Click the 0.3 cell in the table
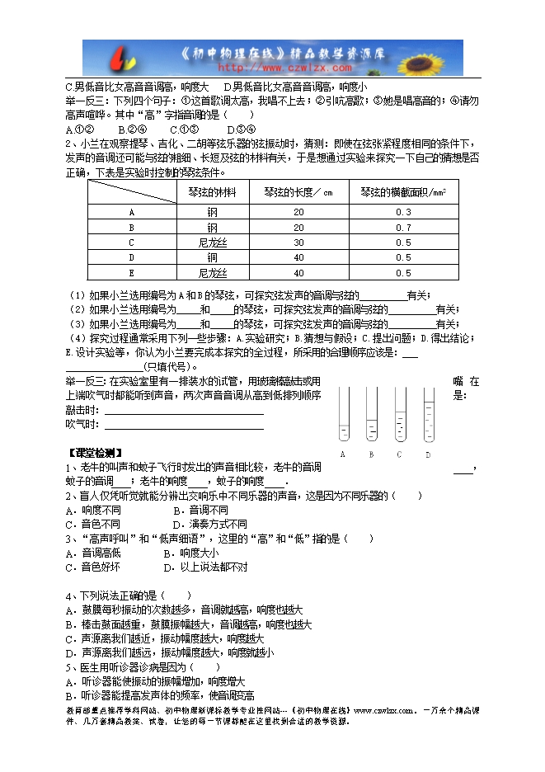pos(403,212)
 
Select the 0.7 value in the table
pos(403,227)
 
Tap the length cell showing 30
pos(298,242)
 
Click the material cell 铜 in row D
pos(213,257)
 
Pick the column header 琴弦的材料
pos(213,192)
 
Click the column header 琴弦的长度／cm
pos(298,192)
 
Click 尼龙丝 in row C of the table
pos(213,242)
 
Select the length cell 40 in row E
pos(298,271)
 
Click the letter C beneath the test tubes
pos(399,454)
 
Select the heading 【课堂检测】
pos(94,452)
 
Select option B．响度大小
pos(190,553)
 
